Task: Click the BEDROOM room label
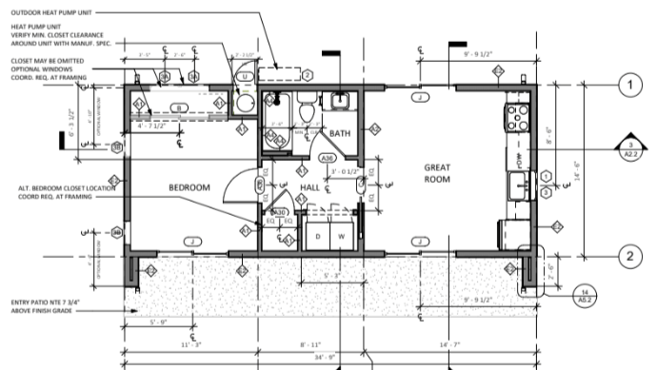click(x=189, y=187)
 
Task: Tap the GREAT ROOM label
click(x=437, y=172)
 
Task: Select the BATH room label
click(x=342, y=136)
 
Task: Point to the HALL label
click(x=310, y=187)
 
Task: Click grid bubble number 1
click(x=627, y=87)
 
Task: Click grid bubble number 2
click(x=627, y=255)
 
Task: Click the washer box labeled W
click(x=340, y=236)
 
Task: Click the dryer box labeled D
click(x=316, y=236)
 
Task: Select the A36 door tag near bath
click(x=327, y=158)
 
